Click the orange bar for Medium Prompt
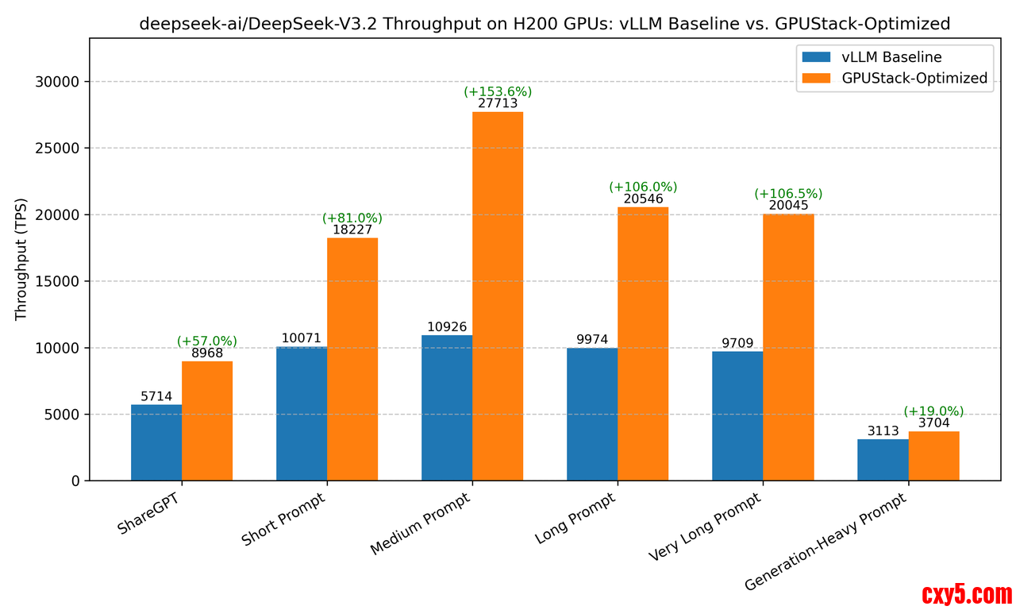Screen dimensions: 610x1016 498,295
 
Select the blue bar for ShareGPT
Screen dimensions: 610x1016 156,442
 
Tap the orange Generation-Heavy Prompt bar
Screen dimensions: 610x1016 933,456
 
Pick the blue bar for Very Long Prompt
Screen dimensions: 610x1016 737,415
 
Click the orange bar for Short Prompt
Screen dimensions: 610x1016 352,359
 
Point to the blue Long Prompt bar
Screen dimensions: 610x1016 592,414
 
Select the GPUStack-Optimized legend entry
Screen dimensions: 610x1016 894,78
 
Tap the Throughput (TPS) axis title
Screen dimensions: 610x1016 21,259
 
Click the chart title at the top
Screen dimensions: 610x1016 545,24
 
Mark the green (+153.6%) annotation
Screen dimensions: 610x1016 498,91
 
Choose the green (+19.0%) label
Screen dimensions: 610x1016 933,411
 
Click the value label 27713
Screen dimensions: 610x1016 498,103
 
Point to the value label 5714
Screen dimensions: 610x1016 156,396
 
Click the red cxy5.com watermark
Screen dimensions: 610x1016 967,594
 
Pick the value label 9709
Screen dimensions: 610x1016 737,343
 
